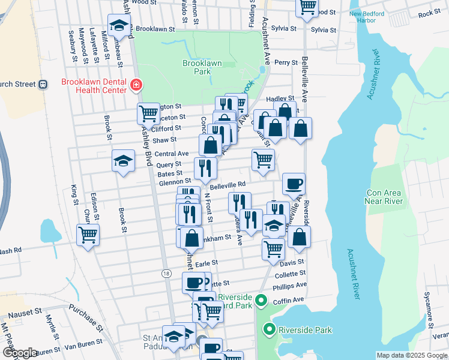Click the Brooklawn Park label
[x=197, y=67]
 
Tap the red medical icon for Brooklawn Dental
[x=136, y=86]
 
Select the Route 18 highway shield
[x=166, y=273]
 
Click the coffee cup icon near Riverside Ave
[x=294, y=184]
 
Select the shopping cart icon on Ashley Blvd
[x=148, y=113]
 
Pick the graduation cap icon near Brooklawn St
[x=119, y=25]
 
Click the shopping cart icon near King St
[x=88, y=235]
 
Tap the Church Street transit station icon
[x=43, y=84]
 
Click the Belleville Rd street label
[x=228, y=185]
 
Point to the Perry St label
[x=286, y=62]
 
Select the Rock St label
[x=429, y=13]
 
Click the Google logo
[x=20, y=353]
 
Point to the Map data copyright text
[x=411, y=355]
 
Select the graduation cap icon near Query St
[x=123, y=161]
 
